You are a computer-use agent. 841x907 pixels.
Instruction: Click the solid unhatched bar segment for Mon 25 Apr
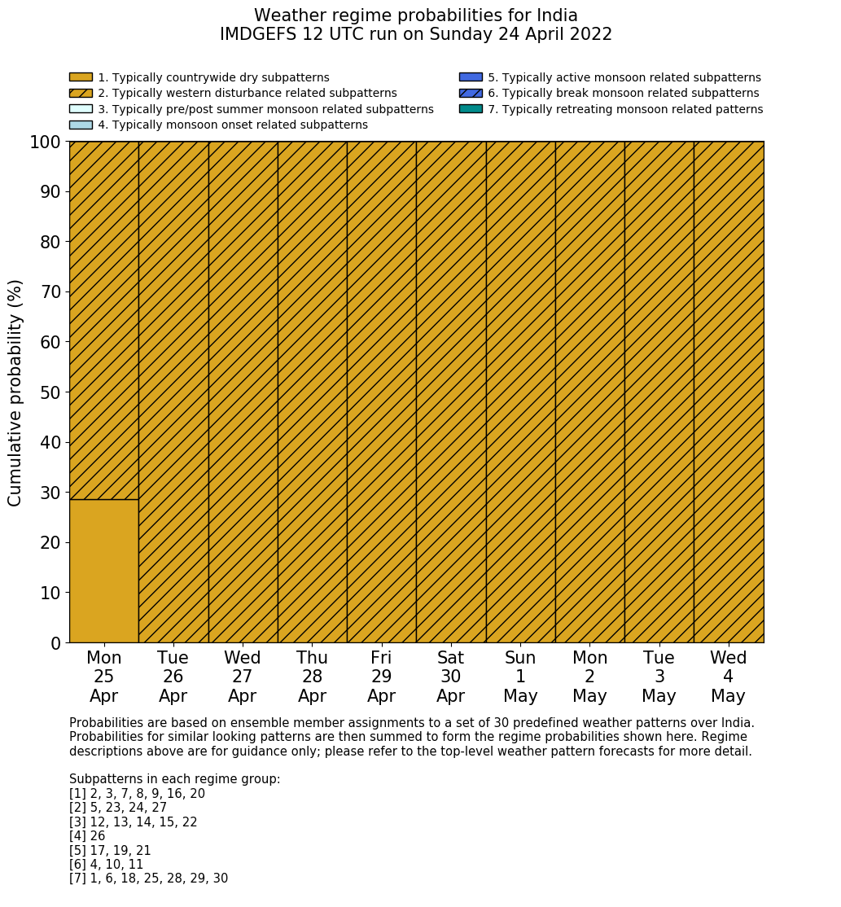103,571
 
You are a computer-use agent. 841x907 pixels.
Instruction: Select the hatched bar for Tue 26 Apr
173,392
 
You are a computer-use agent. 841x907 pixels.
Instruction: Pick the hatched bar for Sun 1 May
520,392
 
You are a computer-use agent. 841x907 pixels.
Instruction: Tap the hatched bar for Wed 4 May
729,392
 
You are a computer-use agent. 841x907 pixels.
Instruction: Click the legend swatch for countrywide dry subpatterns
81,77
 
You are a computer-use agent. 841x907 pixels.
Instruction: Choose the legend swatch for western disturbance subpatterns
81,93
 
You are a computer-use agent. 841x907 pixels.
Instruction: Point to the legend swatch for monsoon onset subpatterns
81,125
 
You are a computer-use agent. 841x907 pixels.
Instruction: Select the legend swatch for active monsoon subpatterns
471,77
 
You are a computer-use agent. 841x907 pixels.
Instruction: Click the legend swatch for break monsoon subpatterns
471,93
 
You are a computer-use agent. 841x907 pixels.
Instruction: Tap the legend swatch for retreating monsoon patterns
471,108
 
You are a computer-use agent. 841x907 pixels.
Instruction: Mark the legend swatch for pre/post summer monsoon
81,108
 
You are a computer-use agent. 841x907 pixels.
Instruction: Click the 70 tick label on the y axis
50,291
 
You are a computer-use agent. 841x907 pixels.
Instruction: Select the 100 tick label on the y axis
46,142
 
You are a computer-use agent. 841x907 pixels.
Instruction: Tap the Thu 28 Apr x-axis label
312,677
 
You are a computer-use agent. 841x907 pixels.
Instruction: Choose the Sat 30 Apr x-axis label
450,677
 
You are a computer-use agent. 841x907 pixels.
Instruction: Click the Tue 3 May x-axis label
659,677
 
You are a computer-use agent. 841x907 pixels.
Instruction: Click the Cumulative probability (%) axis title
15,392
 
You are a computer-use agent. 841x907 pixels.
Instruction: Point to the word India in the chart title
557,15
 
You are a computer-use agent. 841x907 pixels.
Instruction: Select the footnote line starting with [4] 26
87,836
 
